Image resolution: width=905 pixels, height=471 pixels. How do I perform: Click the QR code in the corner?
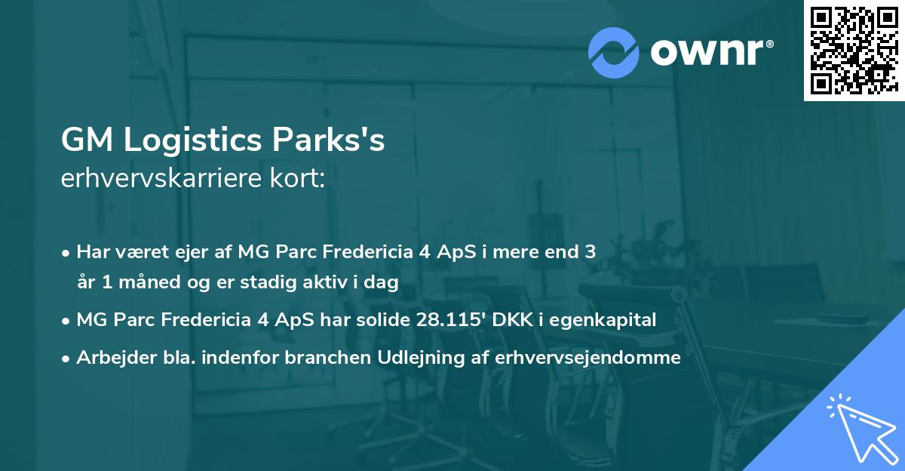coord(854,51)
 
